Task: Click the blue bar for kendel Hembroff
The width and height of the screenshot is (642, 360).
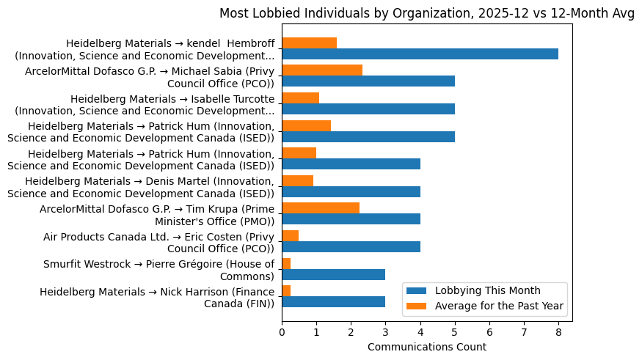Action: (420, 54)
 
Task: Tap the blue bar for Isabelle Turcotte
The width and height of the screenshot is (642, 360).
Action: (368, 109)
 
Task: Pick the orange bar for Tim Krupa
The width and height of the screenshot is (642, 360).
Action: (321, 207)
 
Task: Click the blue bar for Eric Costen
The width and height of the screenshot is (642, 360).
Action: (351, 247)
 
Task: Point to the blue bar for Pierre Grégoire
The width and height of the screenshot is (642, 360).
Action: (333, 274)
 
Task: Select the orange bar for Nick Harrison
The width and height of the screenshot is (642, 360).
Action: (286, 291)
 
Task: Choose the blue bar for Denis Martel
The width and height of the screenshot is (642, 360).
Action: (351, 191)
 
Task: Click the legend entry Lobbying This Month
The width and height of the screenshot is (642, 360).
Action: (487, 290)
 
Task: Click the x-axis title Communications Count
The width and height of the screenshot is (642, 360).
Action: (426, 346)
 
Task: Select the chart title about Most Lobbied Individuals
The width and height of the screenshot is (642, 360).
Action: (427, 14)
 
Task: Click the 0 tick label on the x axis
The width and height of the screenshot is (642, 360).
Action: (282, 331)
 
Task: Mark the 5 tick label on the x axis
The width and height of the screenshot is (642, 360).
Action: (455, 331)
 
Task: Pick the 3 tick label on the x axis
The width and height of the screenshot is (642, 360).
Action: (385, 331)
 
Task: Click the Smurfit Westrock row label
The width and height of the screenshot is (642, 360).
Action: (158, 270)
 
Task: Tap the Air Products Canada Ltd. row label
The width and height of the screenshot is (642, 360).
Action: (158, 243)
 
